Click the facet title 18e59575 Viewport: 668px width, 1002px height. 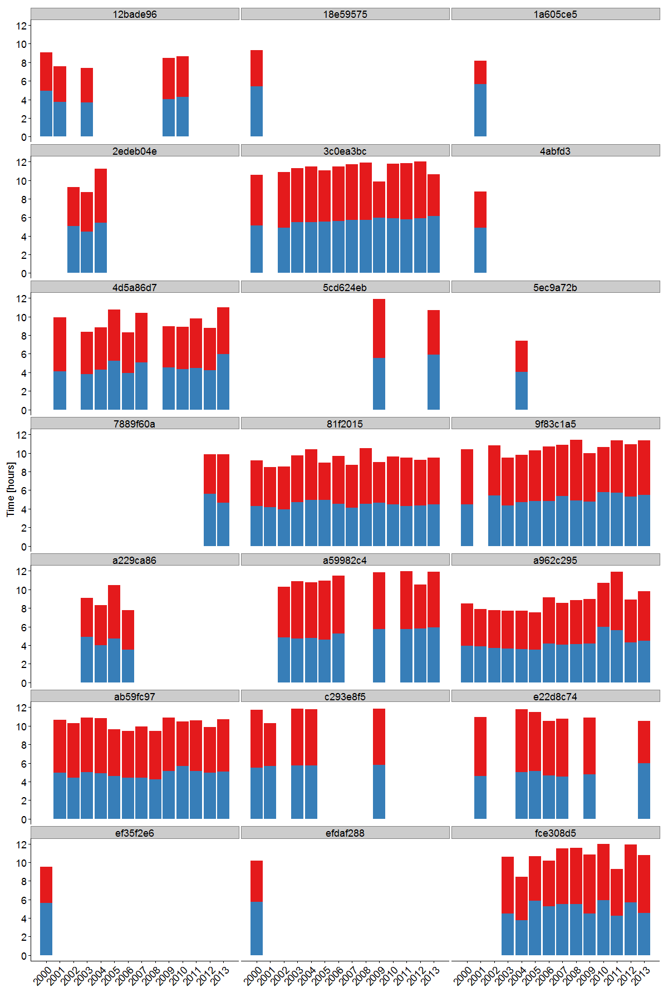[x=345, y=14]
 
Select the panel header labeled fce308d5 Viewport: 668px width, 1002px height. [x=555, y=833]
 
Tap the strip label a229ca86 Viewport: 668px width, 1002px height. [x=135, y=560]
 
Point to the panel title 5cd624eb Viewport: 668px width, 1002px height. [x=345, y=287]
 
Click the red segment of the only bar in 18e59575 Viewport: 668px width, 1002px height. [x=257, y=68]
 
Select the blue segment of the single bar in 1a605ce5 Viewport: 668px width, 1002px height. [x=480, y=110]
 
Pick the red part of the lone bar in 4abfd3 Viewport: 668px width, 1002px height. [x=480, y=210]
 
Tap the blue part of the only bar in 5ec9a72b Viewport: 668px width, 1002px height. [x=522, y=391]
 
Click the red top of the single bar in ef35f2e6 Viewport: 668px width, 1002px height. [x=46, y=885]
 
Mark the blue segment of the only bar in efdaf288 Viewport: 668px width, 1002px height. [x=257, y=928]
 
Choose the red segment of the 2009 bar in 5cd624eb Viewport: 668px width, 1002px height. [x=379, y=328]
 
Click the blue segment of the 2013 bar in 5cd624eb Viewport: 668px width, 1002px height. [x=434, y=382]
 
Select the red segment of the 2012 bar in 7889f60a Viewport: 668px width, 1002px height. [x=210, y=474]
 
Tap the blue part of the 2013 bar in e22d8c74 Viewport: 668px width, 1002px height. [x=644, y=790]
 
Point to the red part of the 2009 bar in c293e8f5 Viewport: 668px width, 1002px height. [x=379, y=736]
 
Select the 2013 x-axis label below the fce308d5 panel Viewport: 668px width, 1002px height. [x=641, y=975]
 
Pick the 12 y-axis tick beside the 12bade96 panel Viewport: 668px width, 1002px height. [x=22, y=26]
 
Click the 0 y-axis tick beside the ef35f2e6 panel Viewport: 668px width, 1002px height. [x=24, y=956]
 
